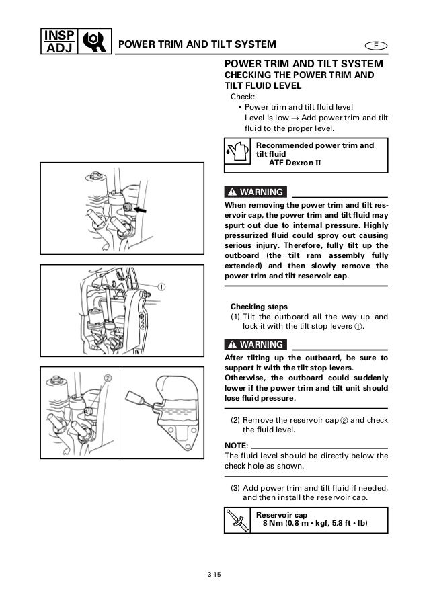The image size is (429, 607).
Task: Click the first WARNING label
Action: pyautogui.click(x=255, y=191)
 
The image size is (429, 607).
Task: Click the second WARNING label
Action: pyautogui.click(x=255, y=345)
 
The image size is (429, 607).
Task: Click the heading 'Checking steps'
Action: pyautogui.click(x=258, y=304)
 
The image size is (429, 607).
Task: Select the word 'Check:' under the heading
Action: pyautogui.click(x=243, y=97)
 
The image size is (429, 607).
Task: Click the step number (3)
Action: pyautogui.click(x=235, y=487)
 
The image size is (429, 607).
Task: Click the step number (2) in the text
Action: pyautogui.click(x=235, y=419)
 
